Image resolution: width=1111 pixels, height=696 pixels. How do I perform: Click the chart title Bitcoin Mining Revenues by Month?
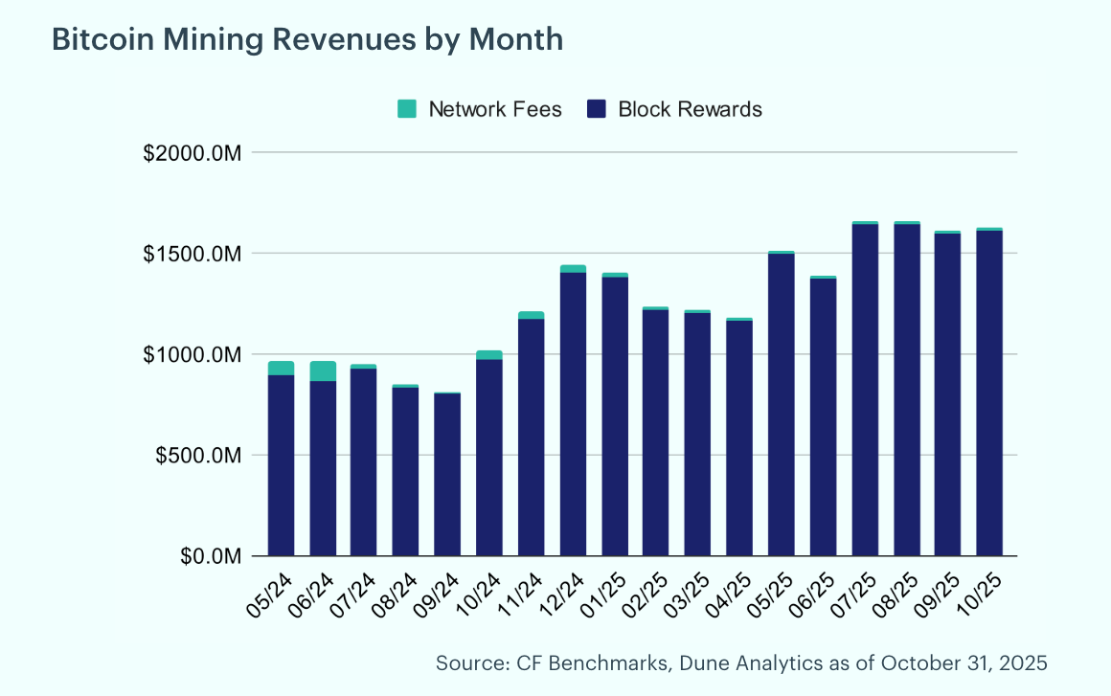[x=306, y=39]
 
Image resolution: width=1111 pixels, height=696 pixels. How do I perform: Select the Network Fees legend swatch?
[x=407, y=109]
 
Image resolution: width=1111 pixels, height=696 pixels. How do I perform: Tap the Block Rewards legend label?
[x=690, y=109]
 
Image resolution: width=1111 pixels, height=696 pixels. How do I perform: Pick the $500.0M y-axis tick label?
[x=198, y=456]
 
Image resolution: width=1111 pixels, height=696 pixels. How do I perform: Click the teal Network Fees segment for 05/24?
[x=281, y=369]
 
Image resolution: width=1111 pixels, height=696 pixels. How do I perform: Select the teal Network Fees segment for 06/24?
[x=323, y=371]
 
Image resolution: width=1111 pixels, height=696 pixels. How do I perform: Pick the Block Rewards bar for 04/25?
[x=739, y=438]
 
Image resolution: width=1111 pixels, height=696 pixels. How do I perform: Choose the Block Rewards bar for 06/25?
[x=824, y=417]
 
